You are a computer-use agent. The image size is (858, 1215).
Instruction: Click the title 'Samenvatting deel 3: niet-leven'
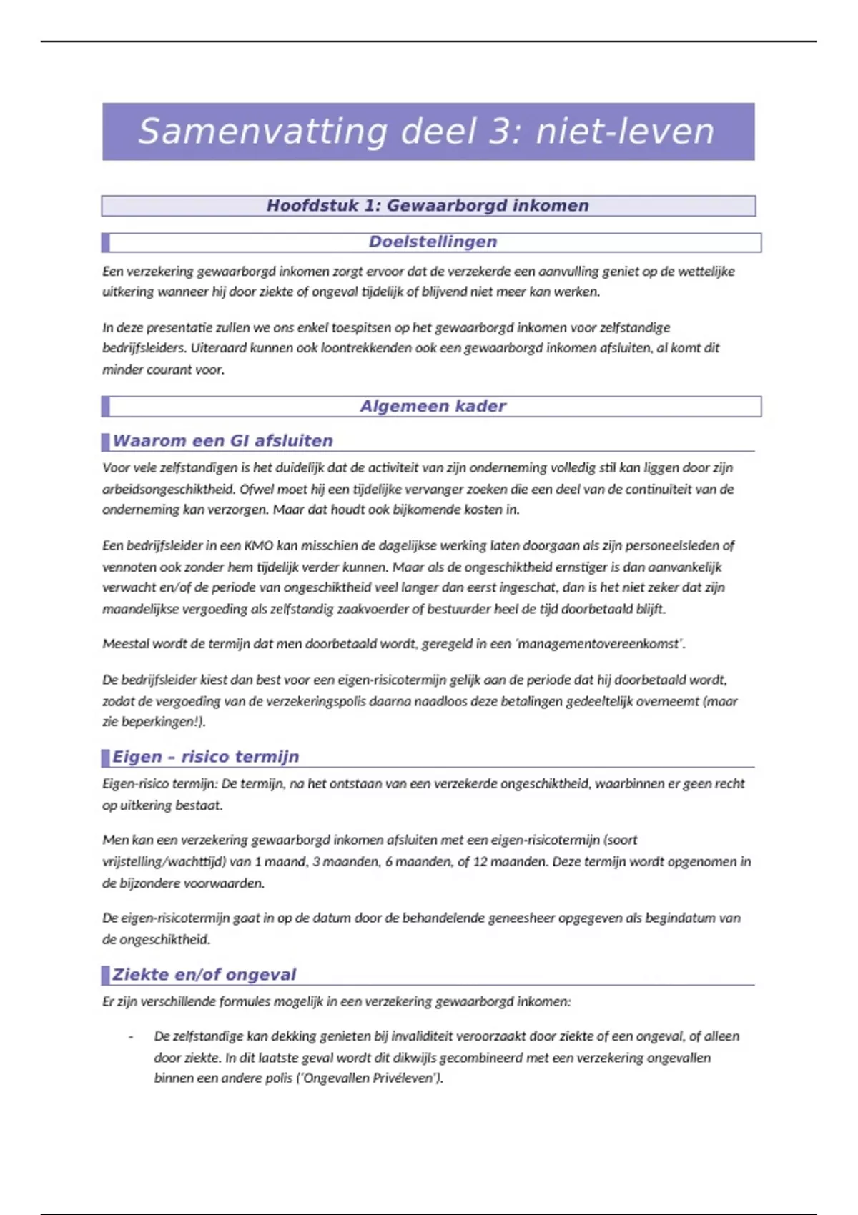click(x=427, y=132)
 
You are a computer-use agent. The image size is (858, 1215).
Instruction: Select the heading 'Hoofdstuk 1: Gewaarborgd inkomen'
click(x=428, y=206)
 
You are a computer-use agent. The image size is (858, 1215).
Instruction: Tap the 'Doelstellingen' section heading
click(x=433, y=242)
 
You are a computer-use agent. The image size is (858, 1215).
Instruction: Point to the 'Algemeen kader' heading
click(x=433, y=407)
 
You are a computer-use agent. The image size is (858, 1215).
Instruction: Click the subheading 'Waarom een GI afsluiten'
click(x=222, y=441)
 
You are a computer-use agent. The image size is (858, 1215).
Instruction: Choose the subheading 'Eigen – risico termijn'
click(x=205, y=757)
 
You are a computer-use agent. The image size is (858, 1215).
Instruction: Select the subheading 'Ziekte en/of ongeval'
click(x=204, y=975)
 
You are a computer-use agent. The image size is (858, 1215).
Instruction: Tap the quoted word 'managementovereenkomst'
click(x=599, y=644)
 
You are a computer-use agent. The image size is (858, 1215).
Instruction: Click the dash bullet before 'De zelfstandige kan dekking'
click(x=131, y=1037)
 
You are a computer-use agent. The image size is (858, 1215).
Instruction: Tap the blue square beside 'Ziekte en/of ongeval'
click(x=106, y=975)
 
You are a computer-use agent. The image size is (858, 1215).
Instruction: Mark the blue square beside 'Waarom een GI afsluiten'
click(x=106, y=441)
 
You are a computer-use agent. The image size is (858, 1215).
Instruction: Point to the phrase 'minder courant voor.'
click(x=163, y=370)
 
